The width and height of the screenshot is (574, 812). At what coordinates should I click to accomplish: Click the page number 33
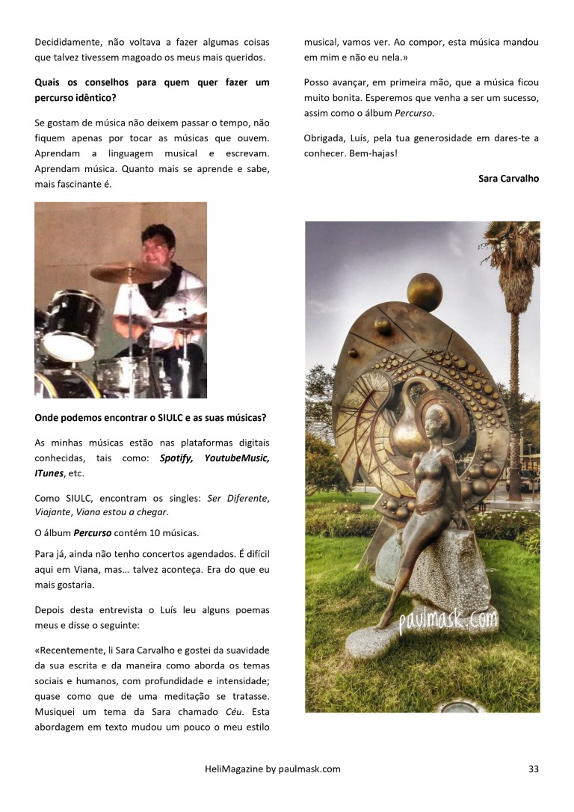(533, 769)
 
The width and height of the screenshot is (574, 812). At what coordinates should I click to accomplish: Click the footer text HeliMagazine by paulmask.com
(272, 769)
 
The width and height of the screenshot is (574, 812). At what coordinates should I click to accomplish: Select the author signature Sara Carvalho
(508, 179)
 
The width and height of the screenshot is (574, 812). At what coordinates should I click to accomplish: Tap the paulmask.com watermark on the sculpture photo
(448, 618)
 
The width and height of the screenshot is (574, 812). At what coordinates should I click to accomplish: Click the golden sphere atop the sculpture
(425, 292)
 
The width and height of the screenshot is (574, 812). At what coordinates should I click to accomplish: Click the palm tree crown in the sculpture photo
(514, 250)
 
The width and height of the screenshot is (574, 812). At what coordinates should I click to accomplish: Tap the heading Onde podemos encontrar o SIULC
(150, 417)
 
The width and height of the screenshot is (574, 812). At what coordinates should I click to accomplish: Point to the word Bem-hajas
(371, 153)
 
